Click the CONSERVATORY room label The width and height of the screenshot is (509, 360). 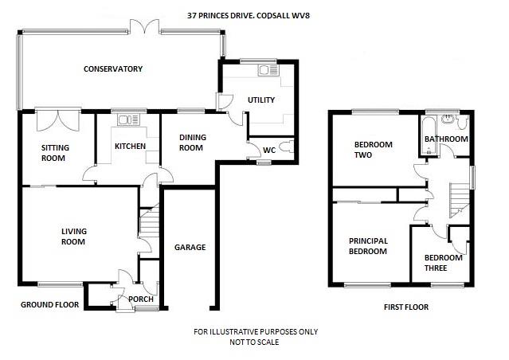(113, 69)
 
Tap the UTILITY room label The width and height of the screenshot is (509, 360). (260, 100)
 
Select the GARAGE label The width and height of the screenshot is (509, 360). (190, 248)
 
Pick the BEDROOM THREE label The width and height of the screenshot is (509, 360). (443, 263)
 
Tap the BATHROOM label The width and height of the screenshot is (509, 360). (446, 139)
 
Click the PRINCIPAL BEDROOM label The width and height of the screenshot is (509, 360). (367, 246)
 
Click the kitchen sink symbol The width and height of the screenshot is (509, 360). (124, 121)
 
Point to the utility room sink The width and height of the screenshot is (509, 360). (265, 72)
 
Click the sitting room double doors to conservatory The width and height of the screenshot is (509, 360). (58, 119)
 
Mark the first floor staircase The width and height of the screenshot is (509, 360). (458, 199)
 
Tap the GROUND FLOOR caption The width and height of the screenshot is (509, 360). (49, 305)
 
